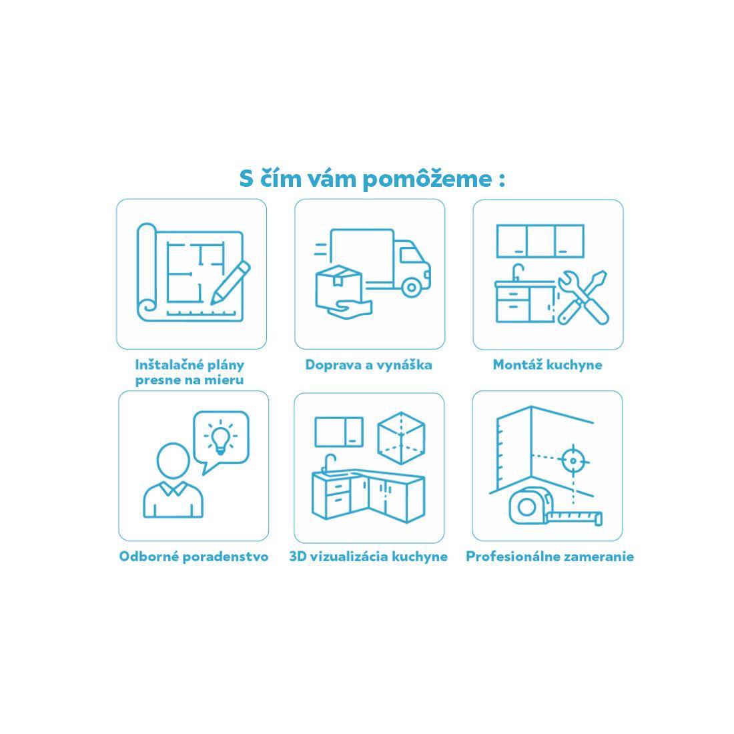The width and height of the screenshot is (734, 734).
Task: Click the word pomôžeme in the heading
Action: click(427, 179)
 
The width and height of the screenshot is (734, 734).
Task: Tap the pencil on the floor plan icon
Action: click(230, 283)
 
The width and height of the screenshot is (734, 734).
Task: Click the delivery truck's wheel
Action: click(412, 288)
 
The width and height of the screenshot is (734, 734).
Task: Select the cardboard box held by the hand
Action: click(339, 286)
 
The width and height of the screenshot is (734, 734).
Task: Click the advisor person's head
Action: click(173, 461)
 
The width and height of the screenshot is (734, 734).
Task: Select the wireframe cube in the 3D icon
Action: click(401, 438)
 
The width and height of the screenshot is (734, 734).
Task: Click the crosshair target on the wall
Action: click(573, 461)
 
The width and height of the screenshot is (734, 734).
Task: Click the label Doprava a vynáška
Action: click(368, 365)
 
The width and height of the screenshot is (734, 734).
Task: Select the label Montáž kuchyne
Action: click(547, 365)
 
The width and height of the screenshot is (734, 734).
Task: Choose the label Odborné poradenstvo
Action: click(194, 557)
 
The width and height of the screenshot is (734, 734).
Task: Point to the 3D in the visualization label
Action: click(298, 557)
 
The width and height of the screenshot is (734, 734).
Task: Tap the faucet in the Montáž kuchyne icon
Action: click(518, 272)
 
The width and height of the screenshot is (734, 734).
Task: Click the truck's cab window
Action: click(412, 255)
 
